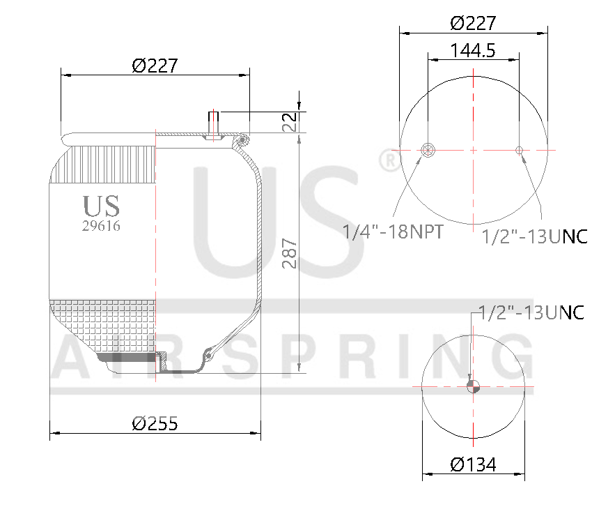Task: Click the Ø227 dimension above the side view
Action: click(155, 66)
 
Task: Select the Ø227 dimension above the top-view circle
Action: click(473, 23)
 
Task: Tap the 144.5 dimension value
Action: click(473, 51)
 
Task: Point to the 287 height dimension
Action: click(290, 254)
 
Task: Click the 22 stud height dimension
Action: click(290, 121)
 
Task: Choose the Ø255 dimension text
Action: click(155, 423)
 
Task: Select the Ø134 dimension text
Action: click(473, 464)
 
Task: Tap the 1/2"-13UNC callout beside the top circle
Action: click(535, 236)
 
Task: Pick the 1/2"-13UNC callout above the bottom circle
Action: click(531, 312)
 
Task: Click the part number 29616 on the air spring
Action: click(101, 226)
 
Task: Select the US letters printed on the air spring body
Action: click(101, 206)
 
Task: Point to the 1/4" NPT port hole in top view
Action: click(428, 149)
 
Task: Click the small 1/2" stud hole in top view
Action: click(519, 149)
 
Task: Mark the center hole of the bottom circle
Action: click(473, 386)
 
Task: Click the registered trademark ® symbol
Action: click(389, 161)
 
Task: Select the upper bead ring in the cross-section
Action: click(242, 142)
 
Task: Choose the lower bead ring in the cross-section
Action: click(207, 356)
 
